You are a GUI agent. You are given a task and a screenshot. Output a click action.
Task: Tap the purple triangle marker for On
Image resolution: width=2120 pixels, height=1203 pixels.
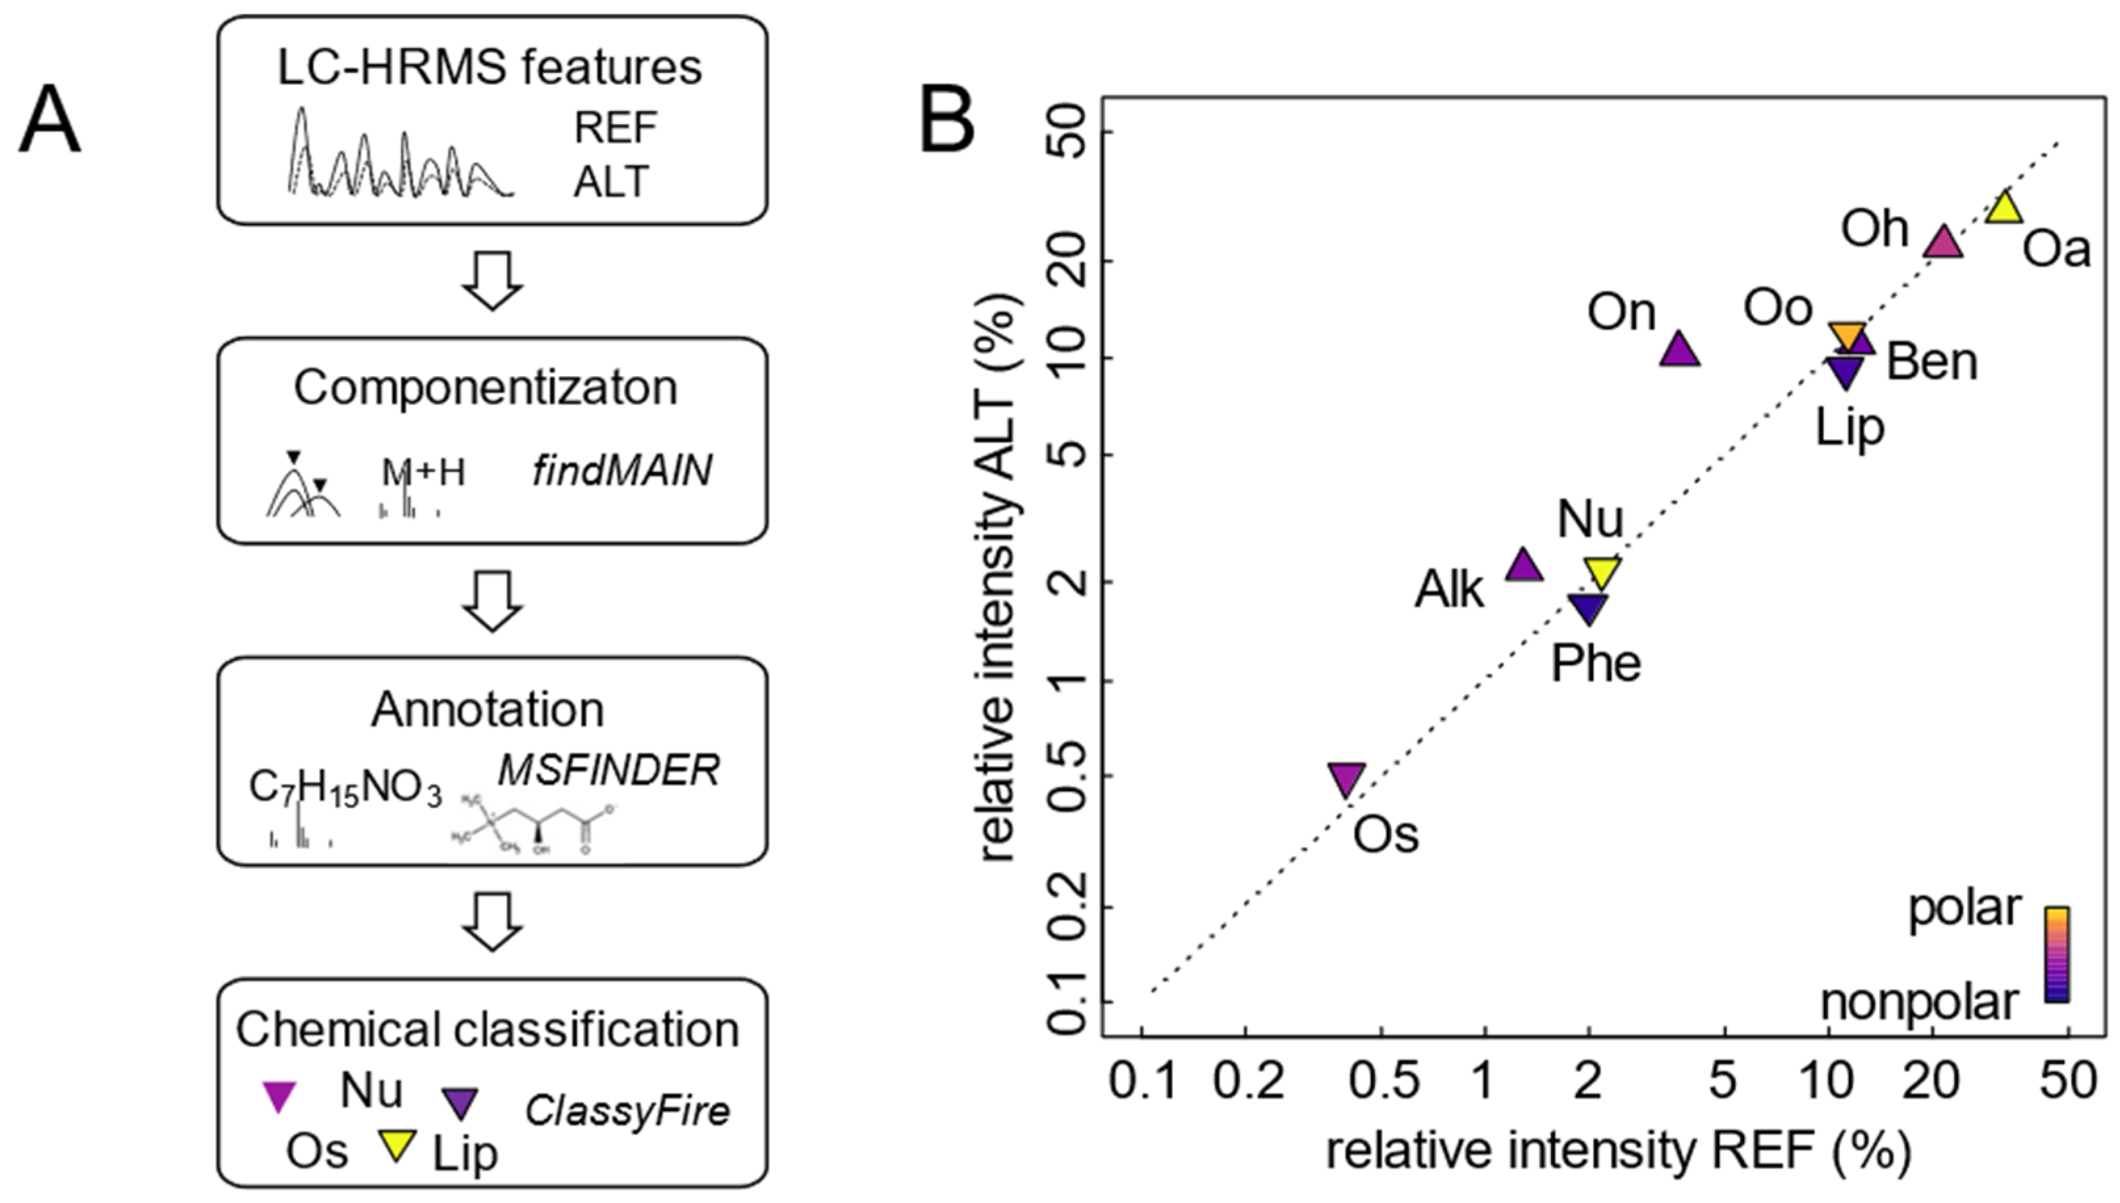(1679, 350)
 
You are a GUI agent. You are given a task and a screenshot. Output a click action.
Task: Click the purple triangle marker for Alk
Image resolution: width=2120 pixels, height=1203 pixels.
(1523, 566)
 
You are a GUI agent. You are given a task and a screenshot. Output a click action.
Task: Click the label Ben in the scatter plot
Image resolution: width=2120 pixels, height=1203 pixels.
(1932, 363)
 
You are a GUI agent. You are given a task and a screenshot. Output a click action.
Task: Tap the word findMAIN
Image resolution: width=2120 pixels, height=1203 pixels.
(622, 472)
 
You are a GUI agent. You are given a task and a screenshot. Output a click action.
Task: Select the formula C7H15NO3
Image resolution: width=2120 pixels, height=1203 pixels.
(345, 788)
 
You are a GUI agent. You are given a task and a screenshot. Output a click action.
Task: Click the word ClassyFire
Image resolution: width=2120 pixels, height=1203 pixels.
(627, 1110)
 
